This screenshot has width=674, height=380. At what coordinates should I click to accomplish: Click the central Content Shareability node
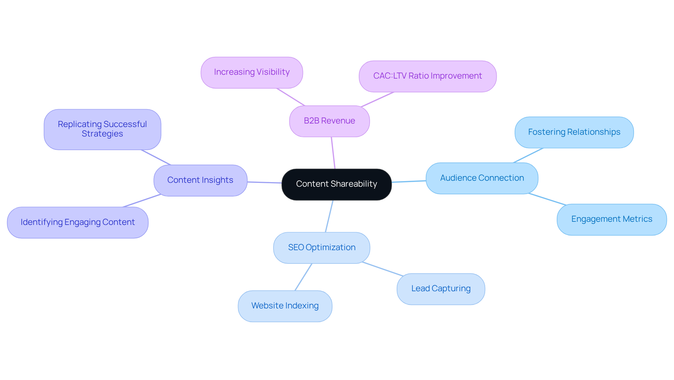click(336, 184)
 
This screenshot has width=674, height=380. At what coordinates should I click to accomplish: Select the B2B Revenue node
click(329, 121)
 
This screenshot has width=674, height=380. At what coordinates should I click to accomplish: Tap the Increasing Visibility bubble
click(252, 72)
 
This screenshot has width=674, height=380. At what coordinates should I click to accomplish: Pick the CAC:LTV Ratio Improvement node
click(427, 76)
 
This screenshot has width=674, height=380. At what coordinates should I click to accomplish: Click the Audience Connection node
click(482, 178)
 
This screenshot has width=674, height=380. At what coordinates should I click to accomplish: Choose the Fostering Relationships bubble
click(574, 132)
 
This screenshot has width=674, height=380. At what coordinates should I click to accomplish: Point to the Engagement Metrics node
click(612, 219)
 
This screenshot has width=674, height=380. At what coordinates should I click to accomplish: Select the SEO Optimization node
click(322, 248)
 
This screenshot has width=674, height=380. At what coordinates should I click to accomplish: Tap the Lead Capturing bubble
click(441, 289)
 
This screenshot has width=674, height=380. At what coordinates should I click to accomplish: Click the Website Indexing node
click(285, 306)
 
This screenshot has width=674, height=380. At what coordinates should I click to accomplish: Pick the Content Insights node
click(200, 180)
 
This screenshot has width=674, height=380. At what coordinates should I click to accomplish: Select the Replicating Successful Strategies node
click(102, 129)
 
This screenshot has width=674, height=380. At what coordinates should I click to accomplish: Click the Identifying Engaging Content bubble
click(78, 222)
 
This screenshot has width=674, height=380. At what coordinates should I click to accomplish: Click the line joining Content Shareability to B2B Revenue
click(333, 153)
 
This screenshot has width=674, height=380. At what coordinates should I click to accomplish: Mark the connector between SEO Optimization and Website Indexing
click(303, 277)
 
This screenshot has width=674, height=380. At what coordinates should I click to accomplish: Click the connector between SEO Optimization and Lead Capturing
click(383, 269)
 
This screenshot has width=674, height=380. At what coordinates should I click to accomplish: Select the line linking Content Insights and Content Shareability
click(264, 182)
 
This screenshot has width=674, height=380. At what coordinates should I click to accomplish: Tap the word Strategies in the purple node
click(102, 134)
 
